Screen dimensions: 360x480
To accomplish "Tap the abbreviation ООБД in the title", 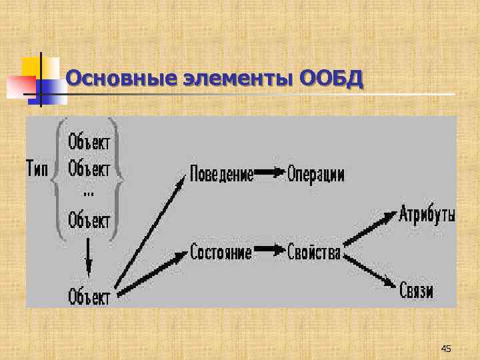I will coord(332,79).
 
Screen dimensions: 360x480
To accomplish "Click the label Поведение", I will coord(222,174).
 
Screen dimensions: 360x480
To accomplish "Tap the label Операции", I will coord(316,174).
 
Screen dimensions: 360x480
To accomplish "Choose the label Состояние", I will coord(221,252).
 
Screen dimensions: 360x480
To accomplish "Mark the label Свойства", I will coord(314,253).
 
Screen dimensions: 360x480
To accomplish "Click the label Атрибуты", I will coord(427,215).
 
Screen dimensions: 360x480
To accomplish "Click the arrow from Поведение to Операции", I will coord(271,173).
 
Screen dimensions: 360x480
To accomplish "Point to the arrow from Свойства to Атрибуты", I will coord(370,229).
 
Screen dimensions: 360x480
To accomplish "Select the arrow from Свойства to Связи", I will coord(370,271).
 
